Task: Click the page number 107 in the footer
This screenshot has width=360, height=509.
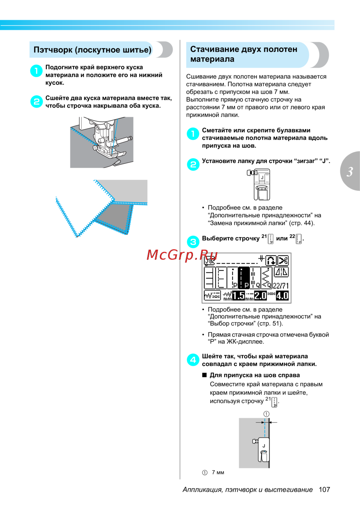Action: click(x=324, y=489)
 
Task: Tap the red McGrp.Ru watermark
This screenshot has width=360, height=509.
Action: click(x=182, y=255)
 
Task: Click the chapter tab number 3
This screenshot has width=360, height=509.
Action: click(x=350, y=171)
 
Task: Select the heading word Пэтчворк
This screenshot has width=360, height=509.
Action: click(x=53, y=50)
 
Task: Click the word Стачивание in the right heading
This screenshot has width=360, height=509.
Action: click(x=215, y=49)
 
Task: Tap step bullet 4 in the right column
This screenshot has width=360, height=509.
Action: click(x=193, y=360)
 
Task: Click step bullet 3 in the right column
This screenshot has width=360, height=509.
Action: click(x=193, y=242)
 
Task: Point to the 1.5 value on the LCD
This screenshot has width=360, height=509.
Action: click(x=238, y=296)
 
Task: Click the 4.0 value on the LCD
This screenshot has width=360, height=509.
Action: click(x=282, y=295)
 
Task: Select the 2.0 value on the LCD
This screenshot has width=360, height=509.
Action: click(x=260, y=295)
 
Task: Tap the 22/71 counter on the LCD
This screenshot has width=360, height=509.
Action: click(x=280, y=286)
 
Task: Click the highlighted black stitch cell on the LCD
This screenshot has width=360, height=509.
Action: click(x=244, y=278)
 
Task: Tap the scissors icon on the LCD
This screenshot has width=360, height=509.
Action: click(x=283, y=260)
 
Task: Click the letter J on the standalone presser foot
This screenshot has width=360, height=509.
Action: click(x=262, y=178)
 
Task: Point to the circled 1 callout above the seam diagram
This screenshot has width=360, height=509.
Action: click(x=266, y=414)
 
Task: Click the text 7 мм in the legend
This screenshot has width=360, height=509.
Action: click(x=218, y=472)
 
